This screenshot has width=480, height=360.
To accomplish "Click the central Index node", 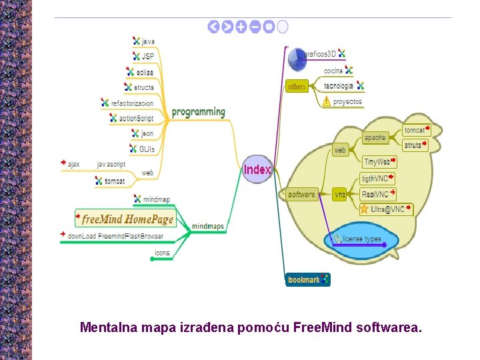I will [257, 169].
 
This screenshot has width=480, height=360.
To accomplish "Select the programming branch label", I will [199, 112].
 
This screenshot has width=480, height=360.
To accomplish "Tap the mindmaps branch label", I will [208, 227].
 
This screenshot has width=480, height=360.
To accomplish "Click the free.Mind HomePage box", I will [126, 219].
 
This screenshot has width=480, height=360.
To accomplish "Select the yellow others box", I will [297, 87].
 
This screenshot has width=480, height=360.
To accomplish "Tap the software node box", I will [301, 194].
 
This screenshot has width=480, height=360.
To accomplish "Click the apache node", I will [375, 138].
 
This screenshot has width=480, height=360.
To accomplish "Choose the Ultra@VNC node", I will [387, 209].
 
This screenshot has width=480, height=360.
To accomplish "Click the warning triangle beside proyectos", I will [326, 102].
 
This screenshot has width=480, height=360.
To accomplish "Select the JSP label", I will [147, 57].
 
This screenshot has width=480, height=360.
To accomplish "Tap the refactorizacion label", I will [132, 103].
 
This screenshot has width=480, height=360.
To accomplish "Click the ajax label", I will [73, 164].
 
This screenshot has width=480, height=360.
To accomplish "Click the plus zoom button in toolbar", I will [241, 27].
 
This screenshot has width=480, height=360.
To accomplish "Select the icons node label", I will [162, 253].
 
